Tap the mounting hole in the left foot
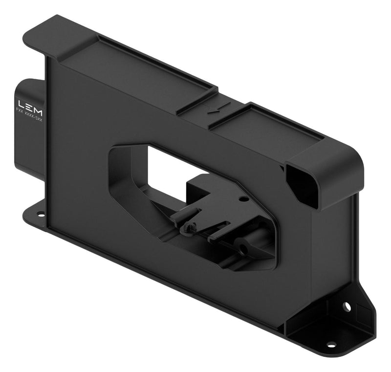coord(41,213)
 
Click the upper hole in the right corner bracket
coord(347,306)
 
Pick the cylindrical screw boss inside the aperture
coord(243,249)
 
